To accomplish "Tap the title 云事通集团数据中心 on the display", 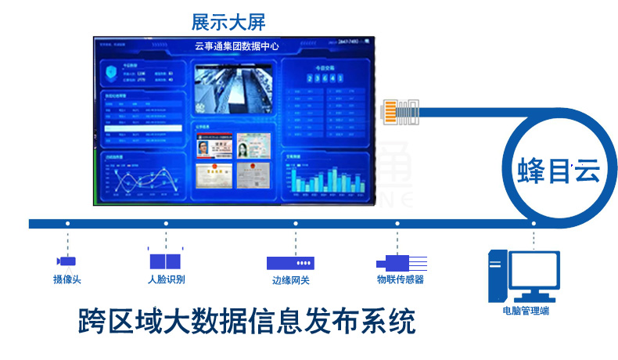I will pos(237,46).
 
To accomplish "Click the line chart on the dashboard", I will pos(142,182).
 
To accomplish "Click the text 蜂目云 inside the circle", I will pos(558,171).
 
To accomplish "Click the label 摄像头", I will pos(67,279).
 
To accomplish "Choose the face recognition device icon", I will pos(165,260).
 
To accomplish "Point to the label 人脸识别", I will pos(166,279).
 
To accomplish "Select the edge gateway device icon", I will pos(290,263).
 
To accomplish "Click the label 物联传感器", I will pos(400,279).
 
